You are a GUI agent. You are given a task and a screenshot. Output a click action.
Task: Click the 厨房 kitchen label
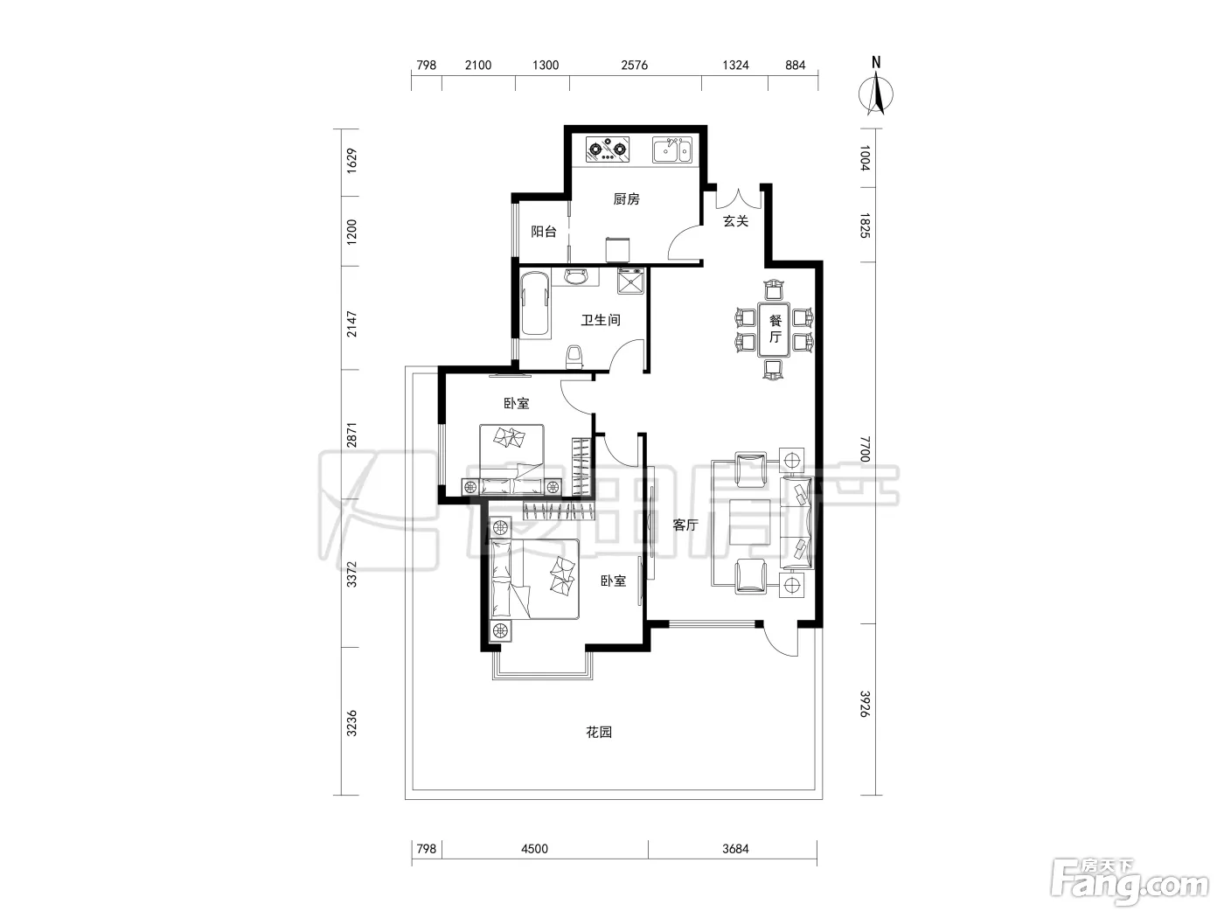click(626, 199)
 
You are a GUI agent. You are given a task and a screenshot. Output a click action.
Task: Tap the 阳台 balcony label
click(544, 232)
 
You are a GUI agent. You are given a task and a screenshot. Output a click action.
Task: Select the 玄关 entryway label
click(735, 221)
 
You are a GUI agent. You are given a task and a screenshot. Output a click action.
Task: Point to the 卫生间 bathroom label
click(601, 320)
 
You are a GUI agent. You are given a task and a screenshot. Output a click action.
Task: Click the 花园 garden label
click(599, 732)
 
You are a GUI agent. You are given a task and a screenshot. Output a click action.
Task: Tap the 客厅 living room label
click(685, 525)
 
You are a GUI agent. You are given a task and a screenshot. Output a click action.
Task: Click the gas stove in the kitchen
click(608, 150)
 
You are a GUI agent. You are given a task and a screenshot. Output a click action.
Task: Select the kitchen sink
click(672, 150)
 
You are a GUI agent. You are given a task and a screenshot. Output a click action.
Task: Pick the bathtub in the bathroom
click(535, 303)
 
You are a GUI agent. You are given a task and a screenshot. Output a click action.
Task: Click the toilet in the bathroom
click(574, 357)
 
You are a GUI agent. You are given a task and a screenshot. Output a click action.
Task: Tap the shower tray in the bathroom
click(630, 281)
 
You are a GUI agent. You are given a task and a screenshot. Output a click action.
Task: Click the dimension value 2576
click(635, 66)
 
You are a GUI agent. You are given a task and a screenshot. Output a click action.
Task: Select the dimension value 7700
click(865, 449)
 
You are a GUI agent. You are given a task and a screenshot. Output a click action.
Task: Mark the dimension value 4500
click(534, 849)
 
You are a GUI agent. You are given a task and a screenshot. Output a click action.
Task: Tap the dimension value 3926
click(865, 704)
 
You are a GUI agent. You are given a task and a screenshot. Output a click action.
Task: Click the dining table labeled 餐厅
click(774, 330)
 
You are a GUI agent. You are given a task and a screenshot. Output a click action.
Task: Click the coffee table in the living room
click(750, 522)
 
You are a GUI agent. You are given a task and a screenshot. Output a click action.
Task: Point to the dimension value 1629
click(351, 161)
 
